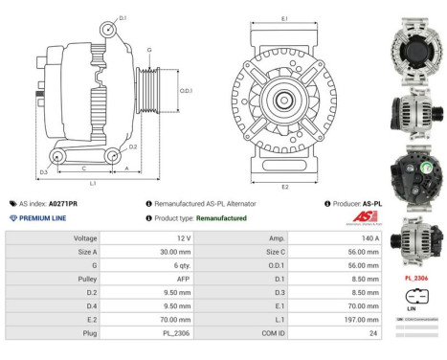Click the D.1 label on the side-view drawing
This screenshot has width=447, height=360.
click(x=123, y=18)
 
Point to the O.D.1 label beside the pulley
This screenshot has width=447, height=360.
click(x=187, y=91)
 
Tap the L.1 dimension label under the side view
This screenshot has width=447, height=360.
click(x=93, y=182)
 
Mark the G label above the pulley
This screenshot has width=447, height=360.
click(x=148, y=49)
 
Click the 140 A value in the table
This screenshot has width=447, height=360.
click(x=369, y=236)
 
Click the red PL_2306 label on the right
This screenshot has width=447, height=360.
click(x=416, y=278)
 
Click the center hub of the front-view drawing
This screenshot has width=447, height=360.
click(x=285, y=100)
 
